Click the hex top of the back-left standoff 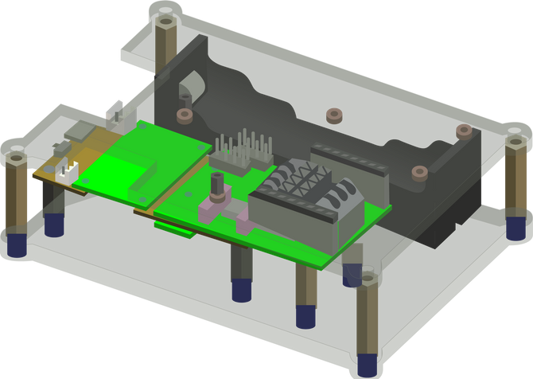click(165, 20)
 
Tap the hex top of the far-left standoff click(15, 156)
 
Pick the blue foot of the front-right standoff click(368, 363)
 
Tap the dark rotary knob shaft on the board click(215, 187)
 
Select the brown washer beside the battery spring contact click(184, 116)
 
